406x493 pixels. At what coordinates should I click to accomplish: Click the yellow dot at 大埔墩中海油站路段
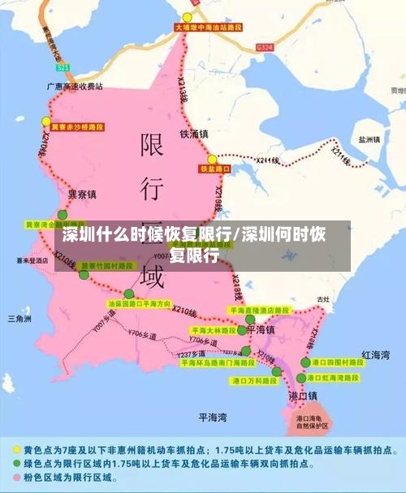coord(188,17)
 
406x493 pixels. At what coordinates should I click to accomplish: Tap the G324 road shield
coord(264,48)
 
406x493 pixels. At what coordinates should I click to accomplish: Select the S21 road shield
coord(64,67)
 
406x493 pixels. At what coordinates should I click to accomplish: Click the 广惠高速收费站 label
coord(76,85)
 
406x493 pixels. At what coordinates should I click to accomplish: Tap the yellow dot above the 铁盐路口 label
coord(213,159)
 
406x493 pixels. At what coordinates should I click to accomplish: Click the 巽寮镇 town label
coord(81,194)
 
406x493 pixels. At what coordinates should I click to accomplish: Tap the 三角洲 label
coord(19,318)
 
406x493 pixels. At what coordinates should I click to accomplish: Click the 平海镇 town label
coord(260,329)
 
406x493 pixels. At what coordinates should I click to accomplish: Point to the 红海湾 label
coord(375,355)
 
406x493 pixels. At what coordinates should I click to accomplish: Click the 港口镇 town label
coord(303,395)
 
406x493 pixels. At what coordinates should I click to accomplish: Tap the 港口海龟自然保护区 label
coord(311,421)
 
